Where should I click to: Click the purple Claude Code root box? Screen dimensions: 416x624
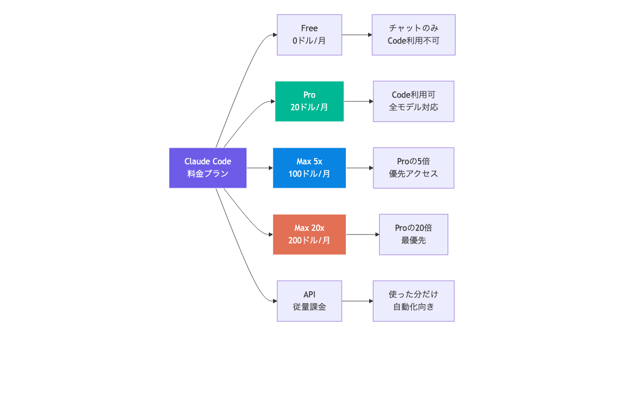click(207, 167)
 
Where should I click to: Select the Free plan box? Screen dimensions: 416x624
click(309, 34)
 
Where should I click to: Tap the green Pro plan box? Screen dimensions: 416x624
click(309, 101)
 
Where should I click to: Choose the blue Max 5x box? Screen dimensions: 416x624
click(309, 167)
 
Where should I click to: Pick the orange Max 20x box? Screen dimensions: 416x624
click(309, 234)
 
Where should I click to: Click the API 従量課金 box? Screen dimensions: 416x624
click(309, 301)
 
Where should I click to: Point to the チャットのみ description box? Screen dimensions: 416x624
click(413, 34)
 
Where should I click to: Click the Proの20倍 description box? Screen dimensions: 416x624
click(413, 234)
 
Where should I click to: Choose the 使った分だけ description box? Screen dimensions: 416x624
click(413, 301)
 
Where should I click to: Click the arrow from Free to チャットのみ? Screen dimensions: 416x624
click(357, 35)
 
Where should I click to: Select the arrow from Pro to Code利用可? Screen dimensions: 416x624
click(358, 101)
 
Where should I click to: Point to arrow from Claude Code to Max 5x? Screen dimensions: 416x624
click(259, 168)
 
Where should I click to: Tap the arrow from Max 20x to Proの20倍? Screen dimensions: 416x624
click(362, 235)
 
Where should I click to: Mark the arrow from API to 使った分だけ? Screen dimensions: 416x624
click(357, 301)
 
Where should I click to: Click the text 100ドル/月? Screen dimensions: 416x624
click(309, 174)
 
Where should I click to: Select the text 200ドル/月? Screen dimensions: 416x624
click(309, 240)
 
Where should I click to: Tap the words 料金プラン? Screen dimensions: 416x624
click(207, 174)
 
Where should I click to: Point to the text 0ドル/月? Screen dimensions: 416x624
click(309, 41)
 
